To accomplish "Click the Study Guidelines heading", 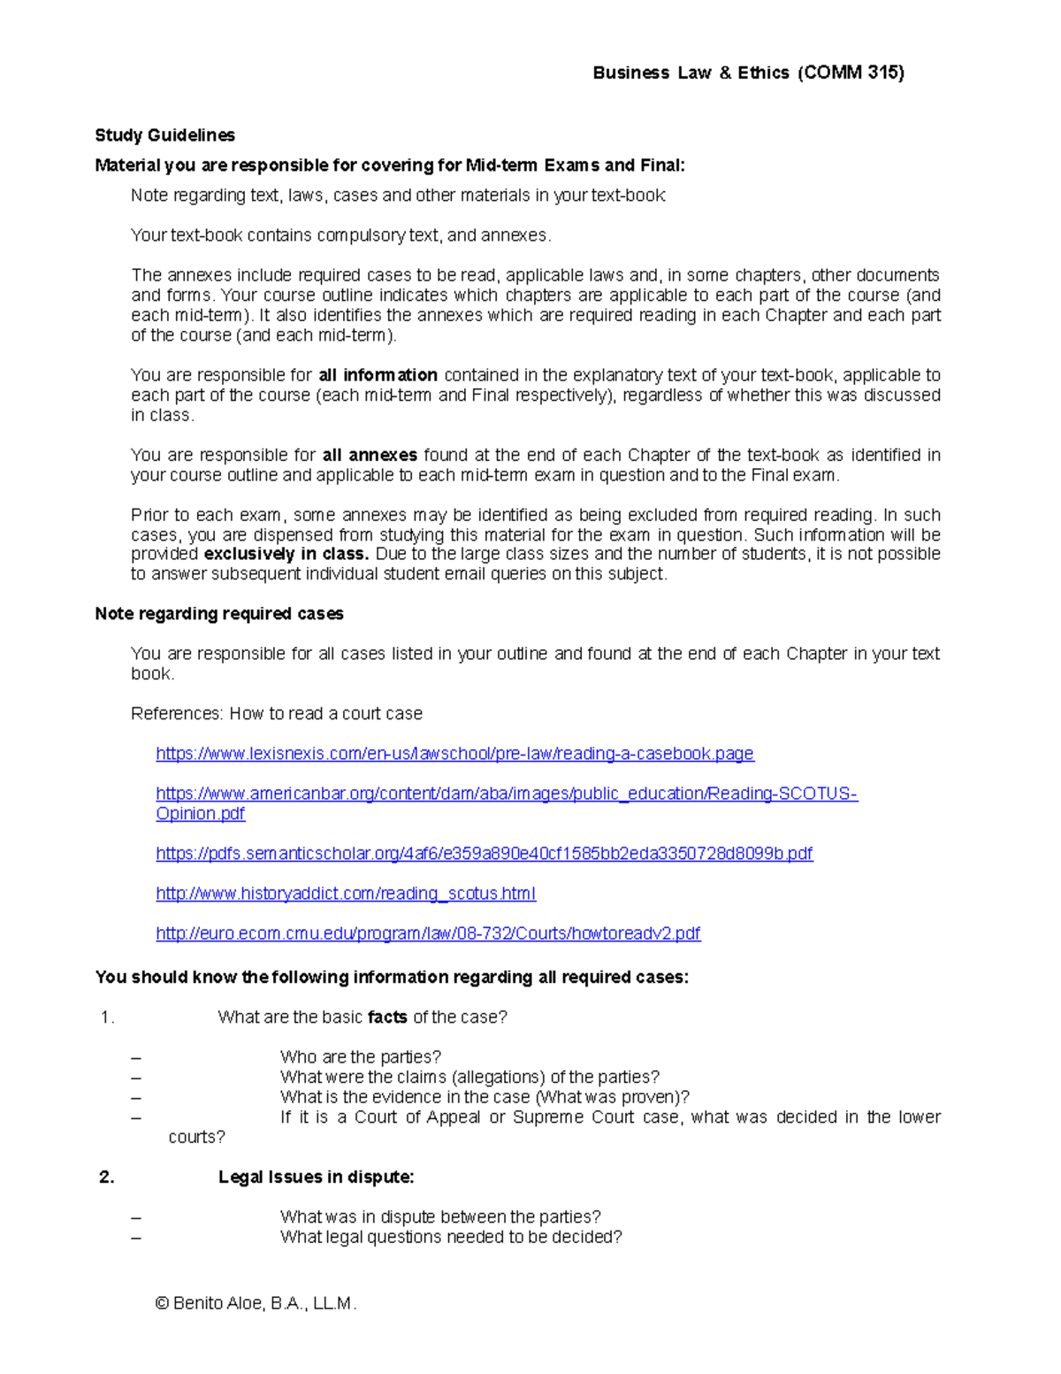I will click(165, 135).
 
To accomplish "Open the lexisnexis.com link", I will click(454, 754).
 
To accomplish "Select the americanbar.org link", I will click(506, 794).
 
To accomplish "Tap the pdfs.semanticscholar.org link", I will click(484, 854).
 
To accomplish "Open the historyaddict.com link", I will click(346, 894).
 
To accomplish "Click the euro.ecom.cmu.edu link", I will click(428, 933).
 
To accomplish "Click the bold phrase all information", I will click(378, 375).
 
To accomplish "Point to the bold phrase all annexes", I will click(370, 456).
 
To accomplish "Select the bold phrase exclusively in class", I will click(286, 555).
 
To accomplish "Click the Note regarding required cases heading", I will click(219, 614).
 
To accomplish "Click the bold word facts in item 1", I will click(387, 1017).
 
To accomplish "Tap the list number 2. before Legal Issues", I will click(107, 1178).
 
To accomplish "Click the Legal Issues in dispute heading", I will click(316, 1178).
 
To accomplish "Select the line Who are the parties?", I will click(360, 1057).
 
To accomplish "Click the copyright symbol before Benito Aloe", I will click(162, 1303).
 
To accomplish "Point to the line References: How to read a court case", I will click(277, 714).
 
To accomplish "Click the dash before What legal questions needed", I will click(136, 1238).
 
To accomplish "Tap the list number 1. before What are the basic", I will click(107, 1017).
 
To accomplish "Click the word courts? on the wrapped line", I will click(196, 1138).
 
